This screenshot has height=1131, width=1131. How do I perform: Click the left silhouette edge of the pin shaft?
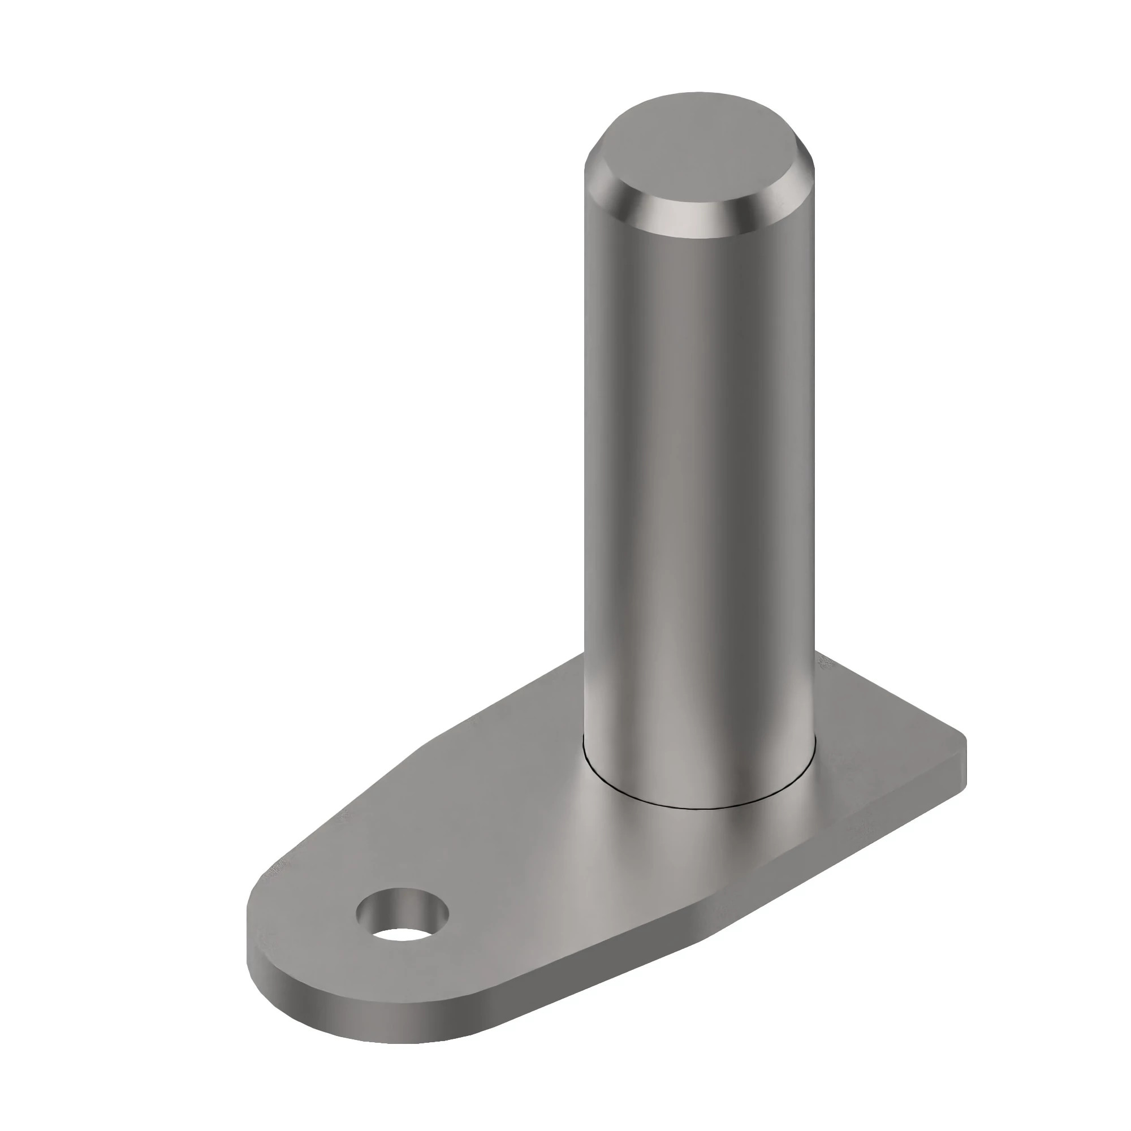(x=585, y=468)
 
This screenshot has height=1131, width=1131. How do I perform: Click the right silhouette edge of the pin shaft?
(x=814, y=468)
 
